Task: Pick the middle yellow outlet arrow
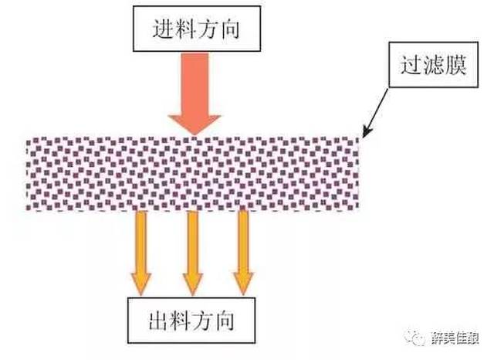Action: pyautogui.click(x=192, y=251)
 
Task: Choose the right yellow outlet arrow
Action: pyautogui.click(x=244, y=251)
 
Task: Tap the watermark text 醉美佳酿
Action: pyautogui.click(x=458, y=338)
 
